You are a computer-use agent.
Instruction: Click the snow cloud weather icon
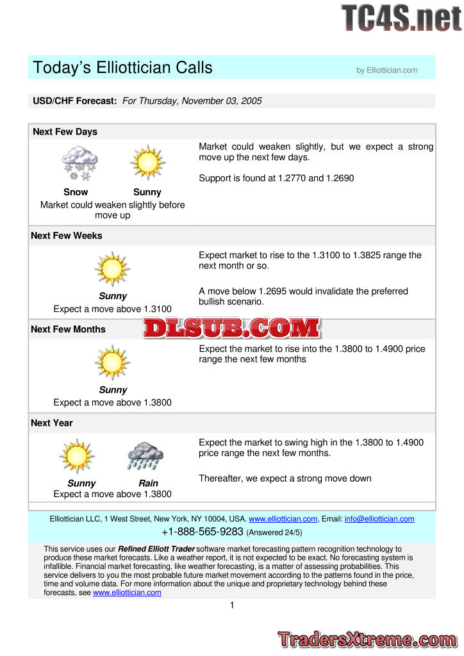click(x=79, y=163)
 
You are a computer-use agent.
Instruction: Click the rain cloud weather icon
click(x=145, y=455)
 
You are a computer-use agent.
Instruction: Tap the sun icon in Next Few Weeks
click(x=112, y=268)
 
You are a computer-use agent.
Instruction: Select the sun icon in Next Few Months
click(x=112, y=362)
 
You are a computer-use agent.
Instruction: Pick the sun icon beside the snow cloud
click(x=147, y=163)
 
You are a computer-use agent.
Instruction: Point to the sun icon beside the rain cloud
click(x=77, y=455)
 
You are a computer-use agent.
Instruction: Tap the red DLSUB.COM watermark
click(x=231, y=329)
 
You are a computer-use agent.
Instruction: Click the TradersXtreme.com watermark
click(x=367, y=639)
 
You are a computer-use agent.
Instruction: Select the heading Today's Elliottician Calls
click(x=122, y=68)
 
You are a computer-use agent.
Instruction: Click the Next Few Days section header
click(x=65, y=132)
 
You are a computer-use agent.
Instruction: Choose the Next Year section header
click(x=52, y=423)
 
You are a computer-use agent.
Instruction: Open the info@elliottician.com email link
click(x=379, y=519)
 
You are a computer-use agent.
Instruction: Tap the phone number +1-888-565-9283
click(x=203, y=532)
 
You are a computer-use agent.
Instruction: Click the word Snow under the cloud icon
click(x=76, y=192)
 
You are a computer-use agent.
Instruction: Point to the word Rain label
click(x=148, y=484)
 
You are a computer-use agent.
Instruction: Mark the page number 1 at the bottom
click(x=231, y=605)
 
